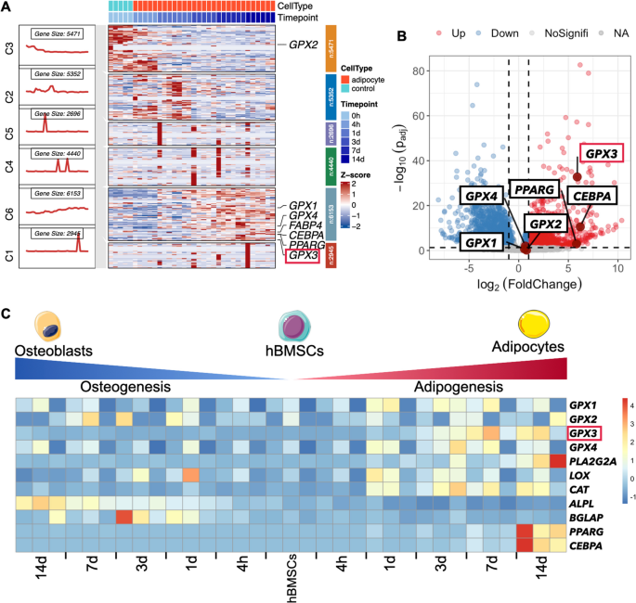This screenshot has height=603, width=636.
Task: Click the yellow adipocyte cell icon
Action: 536,326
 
